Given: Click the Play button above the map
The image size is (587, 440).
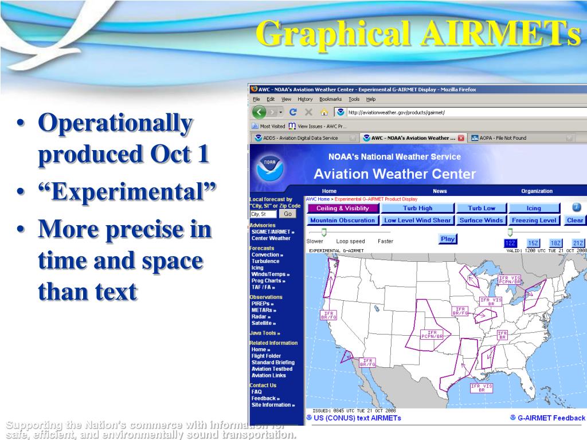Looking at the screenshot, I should pyautogui.click(x=448, y=239).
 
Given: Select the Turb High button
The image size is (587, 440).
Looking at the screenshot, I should pyautogui.click(x=417, y=208).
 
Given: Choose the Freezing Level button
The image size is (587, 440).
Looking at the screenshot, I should pyautogui.click(x=534, y=220).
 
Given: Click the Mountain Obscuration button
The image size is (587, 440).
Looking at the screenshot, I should pyautogui.click(x=343, y=220).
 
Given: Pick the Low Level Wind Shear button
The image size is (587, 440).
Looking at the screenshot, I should pyautogui.click(x=417, y=220).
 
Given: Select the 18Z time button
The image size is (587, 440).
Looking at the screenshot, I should pyautogui.click(x=555, y=243).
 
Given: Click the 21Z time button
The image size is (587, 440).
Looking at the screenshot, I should pyautogui.click(x=578, y=243).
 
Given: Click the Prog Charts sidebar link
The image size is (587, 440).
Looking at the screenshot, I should pyautogui.click(x=268, y=281).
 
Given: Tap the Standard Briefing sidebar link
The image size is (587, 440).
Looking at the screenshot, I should pyautogui.click(x=273, y=362).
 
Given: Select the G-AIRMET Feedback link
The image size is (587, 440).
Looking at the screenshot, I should pyautogui.click(x=551, y=418).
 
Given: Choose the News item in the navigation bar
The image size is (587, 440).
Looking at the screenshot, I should pyautogui.click(x=440, y=191).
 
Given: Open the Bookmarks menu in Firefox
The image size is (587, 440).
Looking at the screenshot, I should pyautogui.click(x=330, y=99).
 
